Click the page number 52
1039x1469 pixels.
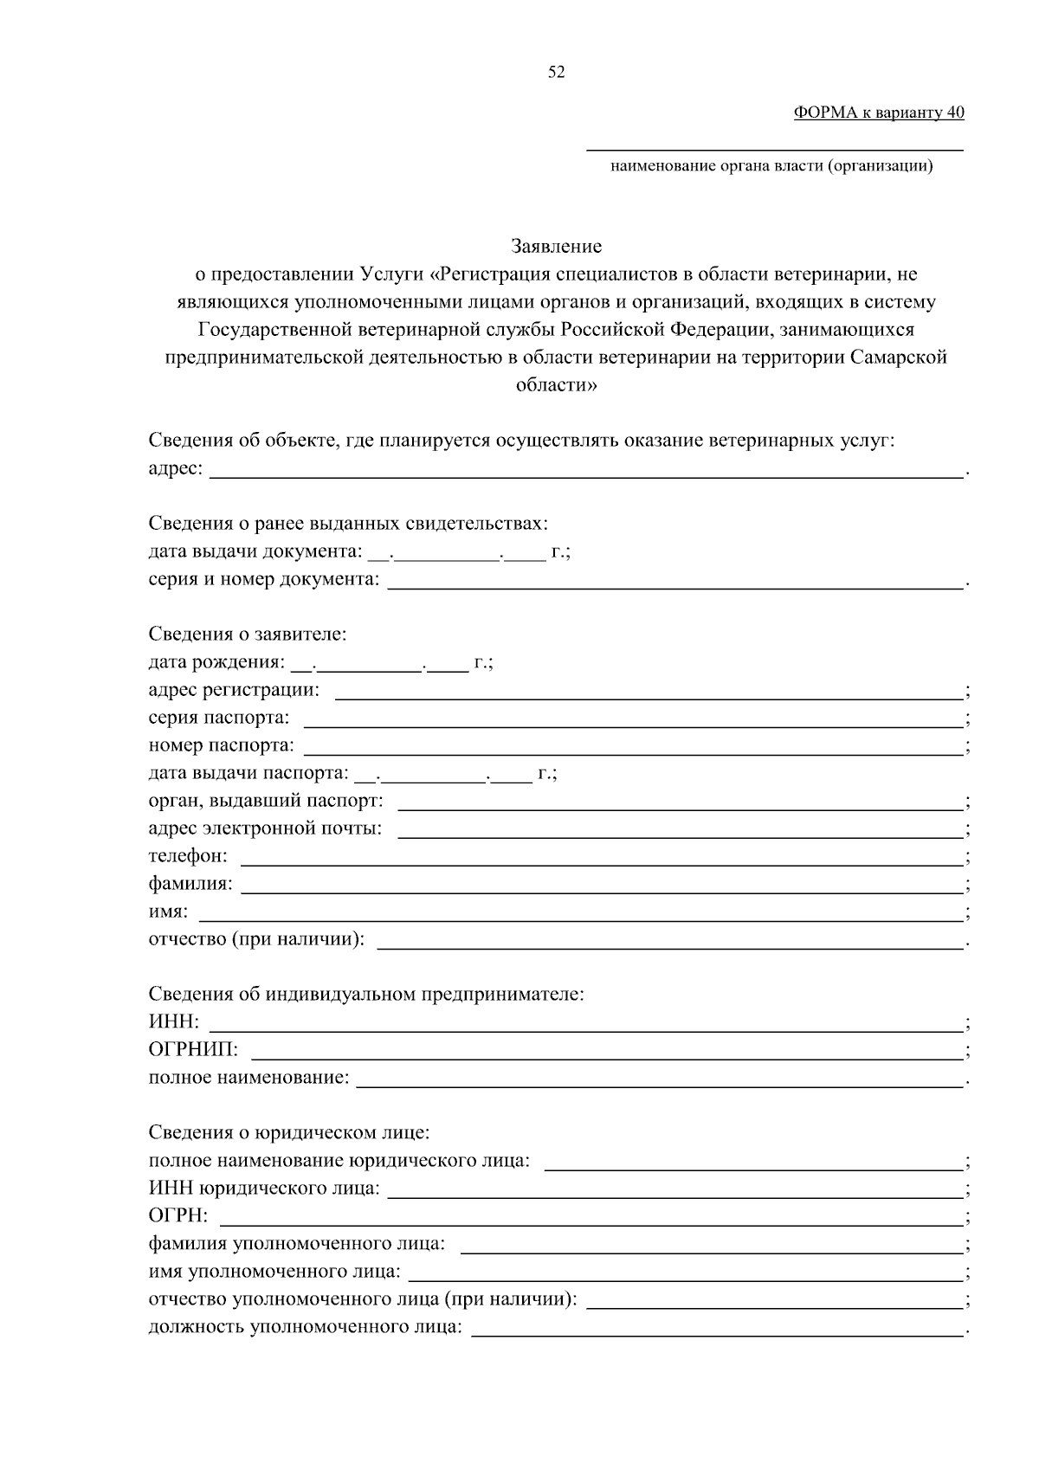coord(556,73)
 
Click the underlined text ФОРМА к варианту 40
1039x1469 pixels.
coord(878,113)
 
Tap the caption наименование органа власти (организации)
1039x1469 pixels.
coord(771,166)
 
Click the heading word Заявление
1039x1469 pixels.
coord(556,247)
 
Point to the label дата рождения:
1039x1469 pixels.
coord(216,663)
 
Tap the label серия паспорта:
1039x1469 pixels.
coord(219,718)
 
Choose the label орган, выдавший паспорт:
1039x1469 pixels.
coord(266,802)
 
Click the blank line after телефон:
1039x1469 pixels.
coord(602,858)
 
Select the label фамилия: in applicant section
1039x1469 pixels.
coord(190,885)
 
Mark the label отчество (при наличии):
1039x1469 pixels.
coord(256,939)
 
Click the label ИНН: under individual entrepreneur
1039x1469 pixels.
coord(174,1022)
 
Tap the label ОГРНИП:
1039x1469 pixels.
coord(193,1050)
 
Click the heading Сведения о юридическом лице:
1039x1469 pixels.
coord(289,1132)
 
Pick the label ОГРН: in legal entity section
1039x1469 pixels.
coord(178,1216)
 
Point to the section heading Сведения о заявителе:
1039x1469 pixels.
coord(248,635)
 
